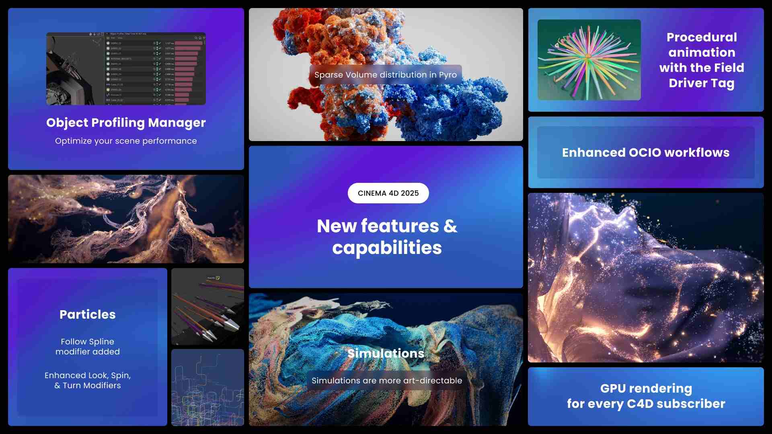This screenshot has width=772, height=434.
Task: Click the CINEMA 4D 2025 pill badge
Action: click(388, 193)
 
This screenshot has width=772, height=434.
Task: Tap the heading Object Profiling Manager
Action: click(126, 123)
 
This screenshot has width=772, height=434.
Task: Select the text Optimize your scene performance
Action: click(126, 141)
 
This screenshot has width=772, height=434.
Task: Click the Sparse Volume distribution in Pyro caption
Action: click(386, 75)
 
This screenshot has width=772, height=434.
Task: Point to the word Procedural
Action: click(702, 37)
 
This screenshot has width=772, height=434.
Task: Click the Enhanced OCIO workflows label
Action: click(645, 153)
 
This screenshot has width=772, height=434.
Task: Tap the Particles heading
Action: click(88, 314)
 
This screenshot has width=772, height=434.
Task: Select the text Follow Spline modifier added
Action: click(88, 346)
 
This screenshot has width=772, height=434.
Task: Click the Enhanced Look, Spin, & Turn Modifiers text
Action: click(88, 380)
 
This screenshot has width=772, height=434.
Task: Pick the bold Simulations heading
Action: click(386, 353)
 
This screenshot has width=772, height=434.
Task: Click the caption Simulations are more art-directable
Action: click(387, 381)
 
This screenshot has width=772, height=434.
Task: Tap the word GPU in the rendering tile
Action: click(613, 389)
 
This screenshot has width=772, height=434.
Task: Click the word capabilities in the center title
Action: click(387, 248)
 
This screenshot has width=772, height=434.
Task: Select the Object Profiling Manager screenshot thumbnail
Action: click(126, 69)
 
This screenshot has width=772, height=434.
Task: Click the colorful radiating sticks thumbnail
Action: click(589, 60)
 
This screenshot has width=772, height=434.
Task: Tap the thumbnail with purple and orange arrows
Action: click(207, 307)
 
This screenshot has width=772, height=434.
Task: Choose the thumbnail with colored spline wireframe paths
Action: click(207, 387)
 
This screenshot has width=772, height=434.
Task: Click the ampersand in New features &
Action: click(450, 226)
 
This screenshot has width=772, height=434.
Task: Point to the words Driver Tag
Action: click(702, 83)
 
